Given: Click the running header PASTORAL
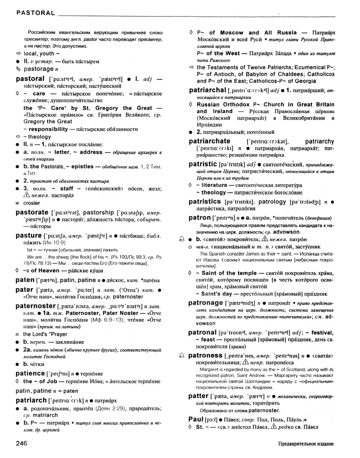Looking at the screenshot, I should pyautogui.click(x=35, y=13).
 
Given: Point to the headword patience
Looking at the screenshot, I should pyautogui.click(x=30, y=373).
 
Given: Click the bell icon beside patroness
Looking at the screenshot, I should pyautogui.click(x=182, y=356).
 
